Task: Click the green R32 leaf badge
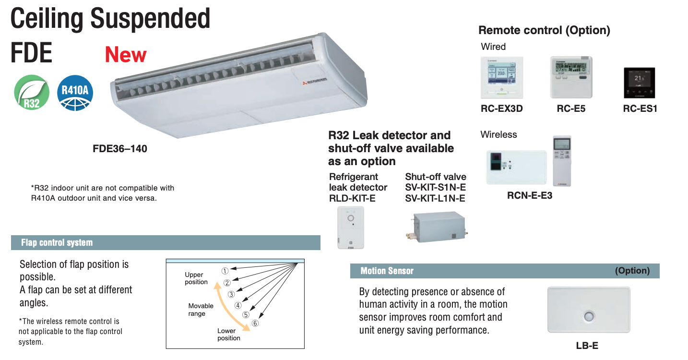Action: pyautogui.click(x=32, y=93)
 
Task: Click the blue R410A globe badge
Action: pyautogui.click(x=75, y=93)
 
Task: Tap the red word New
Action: pyautogui.click(x=126, y=55)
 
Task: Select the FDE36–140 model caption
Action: pyautogui.click(x=120, y=149)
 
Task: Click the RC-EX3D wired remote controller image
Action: pyautogui.click(x=502, y=78)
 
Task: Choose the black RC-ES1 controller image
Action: pyautogui.click(x=639, y=83)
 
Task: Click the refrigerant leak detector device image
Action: pyautogui.click(x=351, y=227)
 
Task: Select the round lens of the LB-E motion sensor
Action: pyautogui.click(x=589, y=317)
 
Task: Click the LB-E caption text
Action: pyautogui.click(x=587, y=346)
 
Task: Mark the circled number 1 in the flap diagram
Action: pyautogui.click(x=225, y=271)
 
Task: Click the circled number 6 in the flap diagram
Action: pyautogui.click(x=255, y=323)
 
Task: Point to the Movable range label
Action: pyautogui.click(x=201, y=310)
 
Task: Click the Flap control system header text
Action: pyautogui.click(x=57, y=243)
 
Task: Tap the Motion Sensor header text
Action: pyautogui.click(x=387, y=271)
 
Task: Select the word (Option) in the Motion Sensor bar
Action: pyautogui.click(x=632, y=271)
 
